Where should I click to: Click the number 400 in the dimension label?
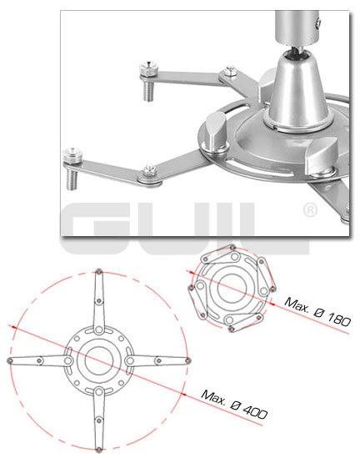tap(255, 412)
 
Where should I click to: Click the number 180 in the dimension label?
tap(338, 319)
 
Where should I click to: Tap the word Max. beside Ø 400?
tap(213, 397)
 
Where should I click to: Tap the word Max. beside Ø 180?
tap(297, 304)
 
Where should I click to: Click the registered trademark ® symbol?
tap(310, 210)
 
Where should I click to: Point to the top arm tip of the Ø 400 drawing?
tap(99, 272)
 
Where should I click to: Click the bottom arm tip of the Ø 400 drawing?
tap(99, 450)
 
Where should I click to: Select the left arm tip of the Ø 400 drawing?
tap(10, 361)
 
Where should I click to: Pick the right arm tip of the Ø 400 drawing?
tap(188, 360)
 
